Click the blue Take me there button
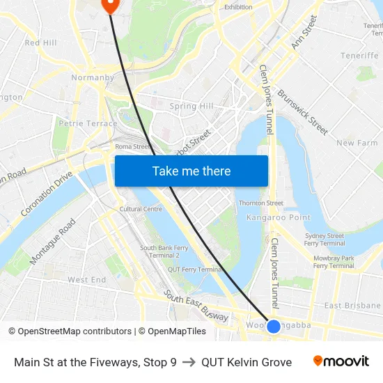(x=191, y=171)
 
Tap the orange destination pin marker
(x=110, y=4)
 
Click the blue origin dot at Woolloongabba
(x=274, y=326)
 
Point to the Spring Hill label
(x=191, y=107)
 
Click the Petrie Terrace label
(x=88, y=123)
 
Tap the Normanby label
(x=93, y=77)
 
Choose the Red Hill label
(x=40, y=43)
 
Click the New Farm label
(x=357, y=143)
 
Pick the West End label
(x=87, y=280)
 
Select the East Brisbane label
(x=352, y=306)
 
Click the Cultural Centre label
(x=141, y=209)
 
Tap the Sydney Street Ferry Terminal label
(x=325, y=240)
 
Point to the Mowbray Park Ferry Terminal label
(x=334, y=262)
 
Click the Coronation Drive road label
(x=47, y=194)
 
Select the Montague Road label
(x=53, y=242)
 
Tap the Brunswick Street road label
(x=302, y=111)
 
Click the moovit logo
(x=341, y=361)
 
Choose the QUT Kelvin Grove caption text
(x=247, y=362)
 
